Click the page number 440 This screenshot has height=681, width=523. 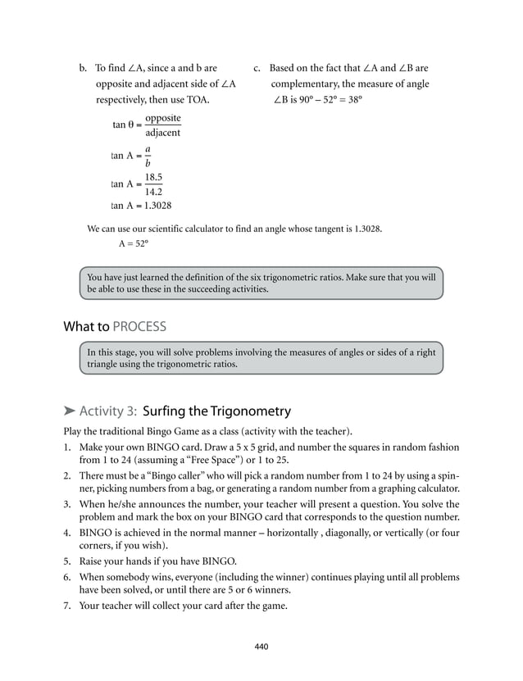tap(261, 647)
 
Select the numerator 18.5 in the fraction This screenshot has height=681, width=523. tap(152, 177)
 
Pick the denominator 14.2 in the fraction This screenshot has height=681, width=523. tap(152, 192)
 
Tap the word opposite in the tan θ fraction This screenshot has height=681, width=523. tap(162, 118)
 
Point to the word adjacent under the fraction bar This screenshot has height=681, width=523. tap(162, 133)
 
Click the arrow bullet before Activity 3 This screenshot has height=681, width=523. tap(70, 411)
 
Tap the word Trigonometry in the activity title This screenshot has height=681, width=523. tap(250, 411)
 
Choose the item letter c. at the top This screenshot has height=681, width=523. tap(257, 68)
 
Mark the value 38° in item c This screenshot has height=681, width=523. tap(353, 100)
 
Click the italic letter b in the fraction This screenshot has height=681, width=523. tap(148, 163)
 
